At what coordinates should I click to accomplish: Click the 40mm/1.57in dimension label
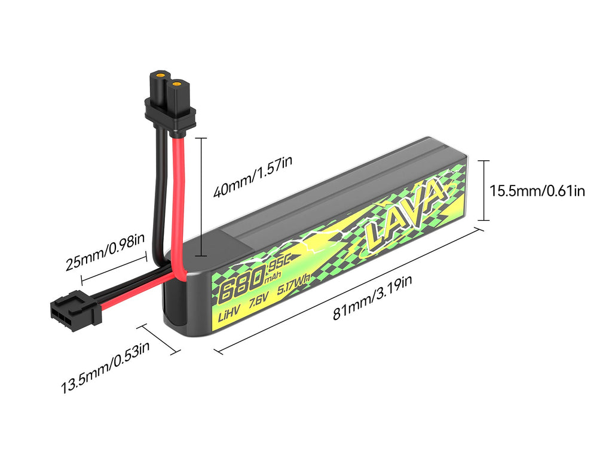pyautogui.click(x=253, y=183)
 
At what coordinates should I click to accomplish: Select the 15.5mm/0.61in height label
pyautogui.click(x=537, y=191)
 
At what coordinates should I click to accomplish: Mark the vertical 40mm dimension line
pyautogui.click(x=201, y=197)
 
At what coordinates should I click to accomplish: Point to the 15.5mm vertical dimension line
pyautogui.click(x=484, y=190)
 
